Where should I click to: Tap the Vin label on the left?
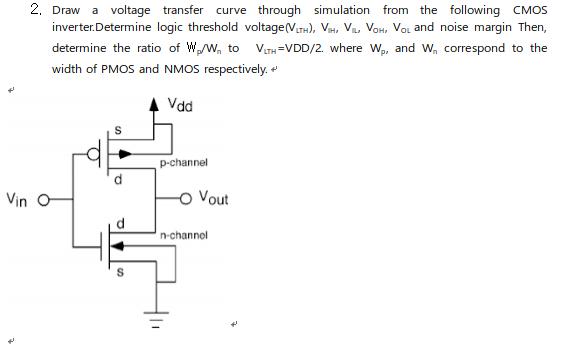(x=18, y=199)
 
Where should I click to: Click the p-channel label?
(x=183, y=161)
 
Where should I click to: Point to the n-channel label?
(x=183, y=235)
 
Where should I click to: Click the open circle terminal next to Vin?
(x=42, y=199)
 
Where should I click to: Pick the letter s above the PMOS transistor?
(x=118, y=130)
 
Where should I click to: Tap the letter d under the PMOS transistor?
(x=118, y=180)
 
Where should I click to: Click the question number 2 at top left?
(x=35, y=9)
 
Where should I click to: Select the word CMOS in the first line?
(x=530, y=10)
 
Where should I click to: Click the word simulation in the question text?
(x=342, y=10)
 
